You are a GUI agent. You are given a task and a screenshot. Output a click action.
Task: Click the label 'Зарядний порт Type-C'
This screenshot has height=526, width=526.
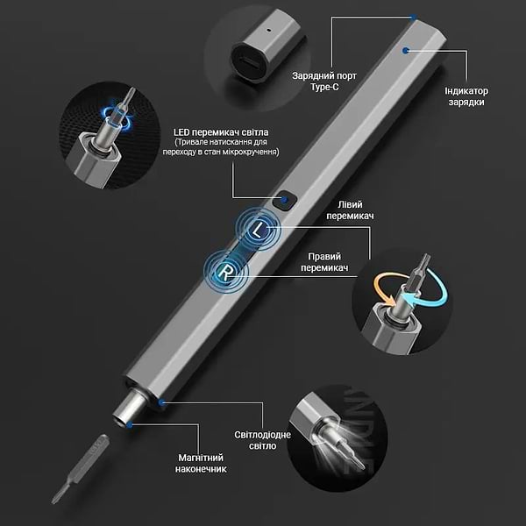(x=324, y=82)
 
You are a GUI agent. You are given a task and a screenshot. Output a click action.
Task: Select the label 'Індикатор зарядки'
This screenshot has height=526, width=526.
(x=466, y=96)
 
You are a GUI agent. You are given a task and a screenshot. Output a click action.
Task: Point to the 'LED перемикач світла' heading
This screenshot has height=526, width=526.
(x=221, y=132)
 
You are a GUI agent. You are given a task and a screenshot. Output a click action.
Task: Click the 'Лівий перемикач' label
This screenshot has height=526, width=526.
(x=350, y=210)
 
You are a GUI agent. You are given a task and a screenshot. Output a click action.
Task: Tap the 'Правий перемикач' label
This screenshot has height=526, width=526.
(x=324, y=262)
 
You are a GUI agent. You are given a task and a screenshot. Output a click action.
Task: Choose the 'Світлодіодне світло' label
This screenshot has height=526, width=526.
(x=262, y=440)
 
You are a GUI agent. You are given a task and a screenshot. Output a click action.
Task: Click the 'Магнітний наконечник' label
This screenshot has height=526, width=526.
(x=201, y=463)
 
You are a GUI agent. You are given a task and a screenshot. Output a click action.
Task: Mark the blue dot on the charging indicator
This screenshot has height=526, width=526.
(x=406, y=50)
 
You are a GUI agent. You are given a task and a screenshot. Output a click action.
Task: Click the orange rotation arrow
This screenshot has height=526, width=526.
(x=382, y=288)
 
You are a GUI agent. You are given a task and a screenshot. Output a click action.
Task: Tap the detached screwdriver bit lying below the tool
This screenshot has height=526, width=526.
(x=81, y=469)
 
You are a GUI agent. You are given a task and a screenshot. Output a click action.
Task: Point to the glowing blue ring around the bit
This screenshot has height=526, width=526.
(x=118, y=115)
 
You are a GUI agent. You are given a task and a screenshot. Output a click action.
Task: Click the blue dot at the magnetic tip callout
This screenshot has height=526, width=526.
(x=130, y=425)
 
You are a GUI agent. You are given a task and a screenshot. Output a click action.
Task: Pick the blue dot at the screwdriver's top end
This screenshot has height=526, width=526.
(x=414, y=17)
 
